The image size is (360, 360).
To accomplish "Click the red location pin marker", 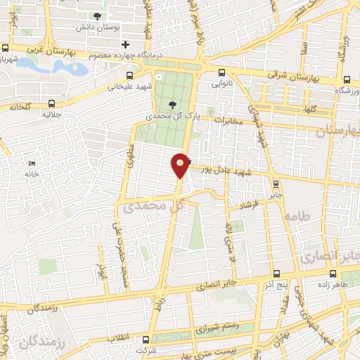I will coord(181,165).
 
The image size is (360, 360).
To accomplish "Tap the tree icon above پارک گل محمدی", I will coord(172,105).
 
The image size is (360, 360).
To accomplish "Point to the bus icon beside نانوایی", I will coord(222,72).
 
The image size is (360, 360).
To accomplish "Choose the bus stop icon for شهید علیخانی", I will coord(129,76).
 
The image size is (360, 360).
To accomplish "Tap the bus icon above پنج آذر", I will coord(275,273).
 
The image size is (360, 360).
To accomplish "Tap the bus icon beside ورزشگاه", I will coord(347,79).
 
